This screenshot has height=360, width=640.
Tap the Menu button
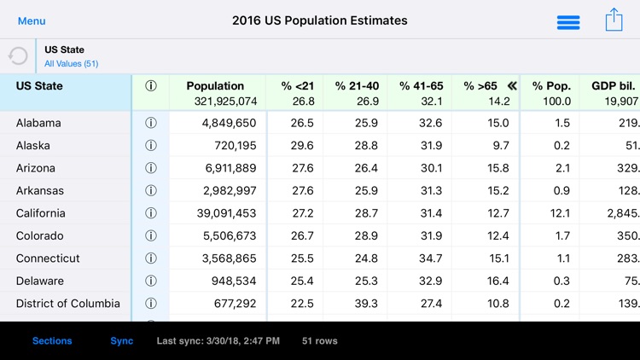32,20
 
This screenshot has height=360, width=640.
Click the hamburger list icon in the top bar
568,22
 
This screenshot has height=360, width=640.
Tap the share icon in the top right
614,20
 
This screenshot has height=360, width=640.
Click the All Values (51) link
71,64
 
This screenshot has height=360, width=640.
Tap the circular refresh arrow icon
18,56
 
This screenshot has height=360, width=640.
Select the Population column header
215,86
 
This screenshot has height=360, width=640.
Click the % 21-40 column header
357,86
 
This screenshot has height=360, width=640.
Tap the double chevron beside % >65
512,86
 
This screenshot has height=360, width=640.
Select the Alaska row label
35,145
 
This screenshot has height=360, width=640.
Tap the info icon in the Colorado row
151,235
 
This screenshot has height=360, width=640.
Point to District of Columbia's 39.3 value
362,304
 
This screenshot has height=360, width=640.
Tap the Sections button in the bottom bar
52,341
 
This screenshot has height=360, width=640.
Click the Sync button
122,341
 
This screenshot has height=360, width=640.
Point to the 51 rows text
320,341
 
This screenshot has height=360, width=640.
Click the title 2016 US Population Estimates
320,20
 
